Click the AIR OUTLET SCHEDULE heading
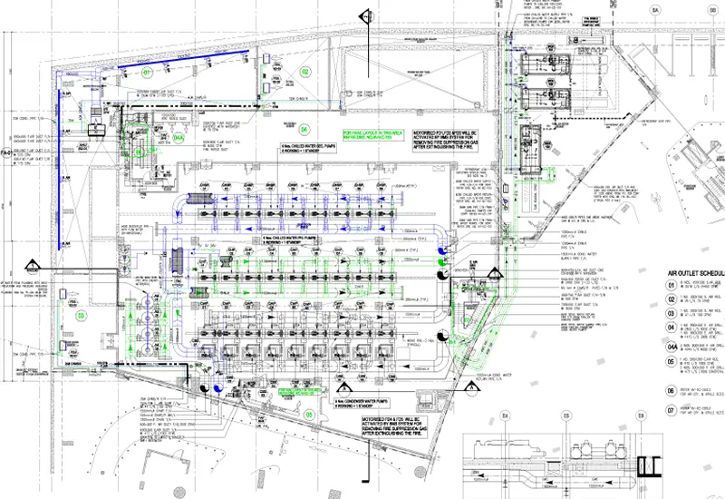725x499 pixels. tap(694, 271)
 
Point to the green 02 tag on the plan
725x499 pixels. tap(305, 72)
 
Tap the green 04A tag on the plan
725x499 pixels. tap(179, 138)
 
